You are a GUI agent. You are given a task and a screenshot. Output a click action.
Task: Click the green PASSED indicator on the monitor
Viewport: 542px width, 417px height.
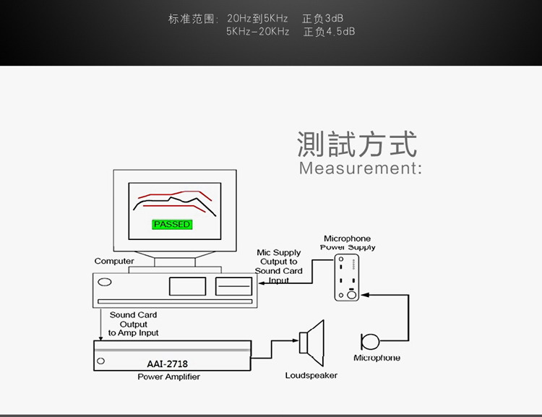(x=172, y=224)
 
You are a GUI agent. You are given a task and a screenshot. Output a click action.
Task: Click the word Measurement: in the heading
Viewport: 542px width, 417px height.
(x=360, y=168)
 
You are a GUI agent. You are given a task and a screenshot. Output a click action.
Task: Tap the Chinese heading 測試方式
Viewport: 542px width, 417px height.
(x=357, y=144)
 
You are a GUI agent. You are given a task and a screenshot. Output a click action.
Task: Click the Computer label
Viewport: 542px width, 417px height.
(x=114, y=261)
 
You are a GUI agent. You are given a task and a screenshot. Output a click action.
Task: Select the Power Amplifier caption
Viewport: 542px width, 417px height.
(x=168, y=377)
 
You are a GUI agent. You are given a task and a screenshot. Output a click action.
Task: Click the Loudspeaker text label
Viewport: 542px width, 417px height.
(x=311, y=375)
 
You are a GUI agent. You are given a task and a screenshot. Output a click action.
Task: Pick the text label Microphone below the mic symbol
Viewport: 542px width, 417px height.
(x=377, y=358)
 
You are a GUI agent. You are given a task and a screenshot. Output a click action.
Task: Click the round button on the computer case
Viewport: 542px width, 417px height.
(x=106, y=282)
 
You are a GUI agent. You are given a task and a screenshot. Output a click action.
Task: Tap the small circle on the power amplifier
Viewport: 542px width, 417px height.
(x=101, y=360)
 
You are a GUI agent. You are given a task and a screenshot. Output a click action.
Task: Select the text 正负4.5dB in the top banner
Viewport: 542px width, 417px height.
(x=330, y=32)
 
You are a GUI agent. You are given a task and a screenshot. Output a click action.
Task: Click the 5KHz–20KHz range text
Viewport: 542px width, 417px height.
(x=257, y=32)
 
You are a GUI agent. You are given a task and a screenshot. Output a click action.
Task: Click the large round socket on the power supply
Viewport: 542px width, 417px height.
(x=351, y=294)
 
